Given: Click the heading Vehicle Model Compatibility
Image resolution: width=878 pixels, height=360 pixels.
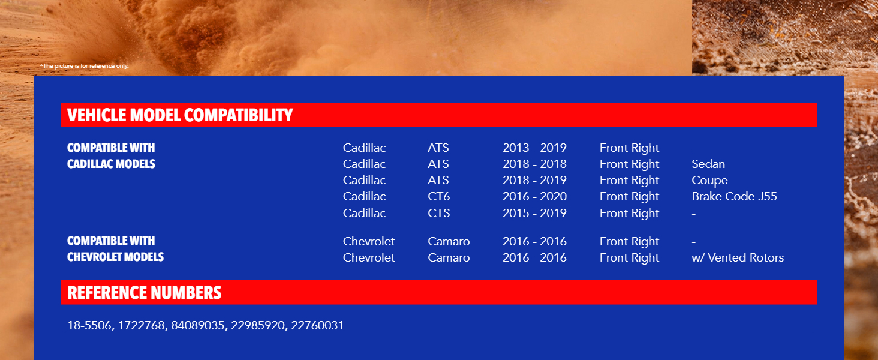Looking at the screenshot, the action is click(180, 115).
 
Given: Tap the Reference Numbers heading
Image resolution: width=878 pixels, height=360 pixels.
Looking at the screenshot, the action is click(145, 293).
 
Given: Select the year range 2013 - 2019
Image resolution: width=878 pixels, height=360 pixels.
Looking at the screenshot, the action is click(534, 148).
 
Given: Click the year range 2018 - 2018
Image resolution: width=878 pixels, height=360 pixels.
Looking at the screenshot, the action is click(534, 164).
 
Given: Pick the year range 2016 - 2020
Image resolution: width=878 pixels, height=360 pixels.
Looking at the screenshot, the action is click(534, 196).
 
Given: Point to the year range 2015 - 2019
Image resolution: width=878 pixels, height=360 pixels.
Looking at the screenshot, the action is click(534, 213).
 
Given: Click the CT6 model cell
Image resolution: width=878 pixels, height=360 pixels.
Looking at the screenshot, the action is click(438, 196).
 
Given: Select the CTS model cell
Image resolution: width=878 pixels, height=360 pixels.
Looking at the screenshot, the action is click(438, 213).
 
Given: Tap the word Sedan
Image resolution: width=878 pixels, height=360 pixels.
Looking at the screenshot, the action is click(708, 164).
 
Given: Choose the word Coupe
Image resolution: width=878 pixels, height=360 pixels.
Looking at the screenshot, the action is click(710, 181).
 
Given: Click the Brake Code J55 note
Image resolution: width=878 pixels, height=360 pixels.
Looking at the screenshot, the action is click(734, 196).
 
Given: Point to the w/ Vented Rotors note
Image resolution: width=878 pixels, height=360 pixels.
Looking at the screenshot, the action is click(738, 257).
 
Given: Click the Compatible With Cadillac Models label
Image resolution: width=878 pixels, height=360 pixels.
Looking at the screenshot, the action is click(111, 155).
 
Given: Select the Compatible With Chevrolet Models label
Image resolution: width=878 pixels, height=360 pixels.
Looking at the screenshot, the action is click(115, 248).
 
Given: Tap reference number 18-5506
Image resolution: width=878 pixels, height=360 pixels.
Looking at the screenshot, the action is click(89, 325).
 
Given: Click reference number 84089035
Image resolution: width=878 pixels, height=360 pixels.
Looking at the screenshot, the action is click(197, 325).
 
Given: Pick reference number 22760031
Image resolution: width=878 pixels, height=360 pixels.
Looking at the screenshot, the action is click(317, 325).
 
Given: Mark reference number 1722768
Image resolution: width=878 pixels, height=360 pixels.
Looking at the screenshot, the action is click(141, 325).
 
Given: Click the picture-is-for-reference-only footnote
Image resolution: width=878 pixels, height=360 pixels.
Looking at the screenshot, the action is click(85, 66).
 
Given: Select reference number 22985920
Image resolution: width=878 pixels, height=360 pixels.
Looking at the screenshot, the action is click(257, 325).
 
